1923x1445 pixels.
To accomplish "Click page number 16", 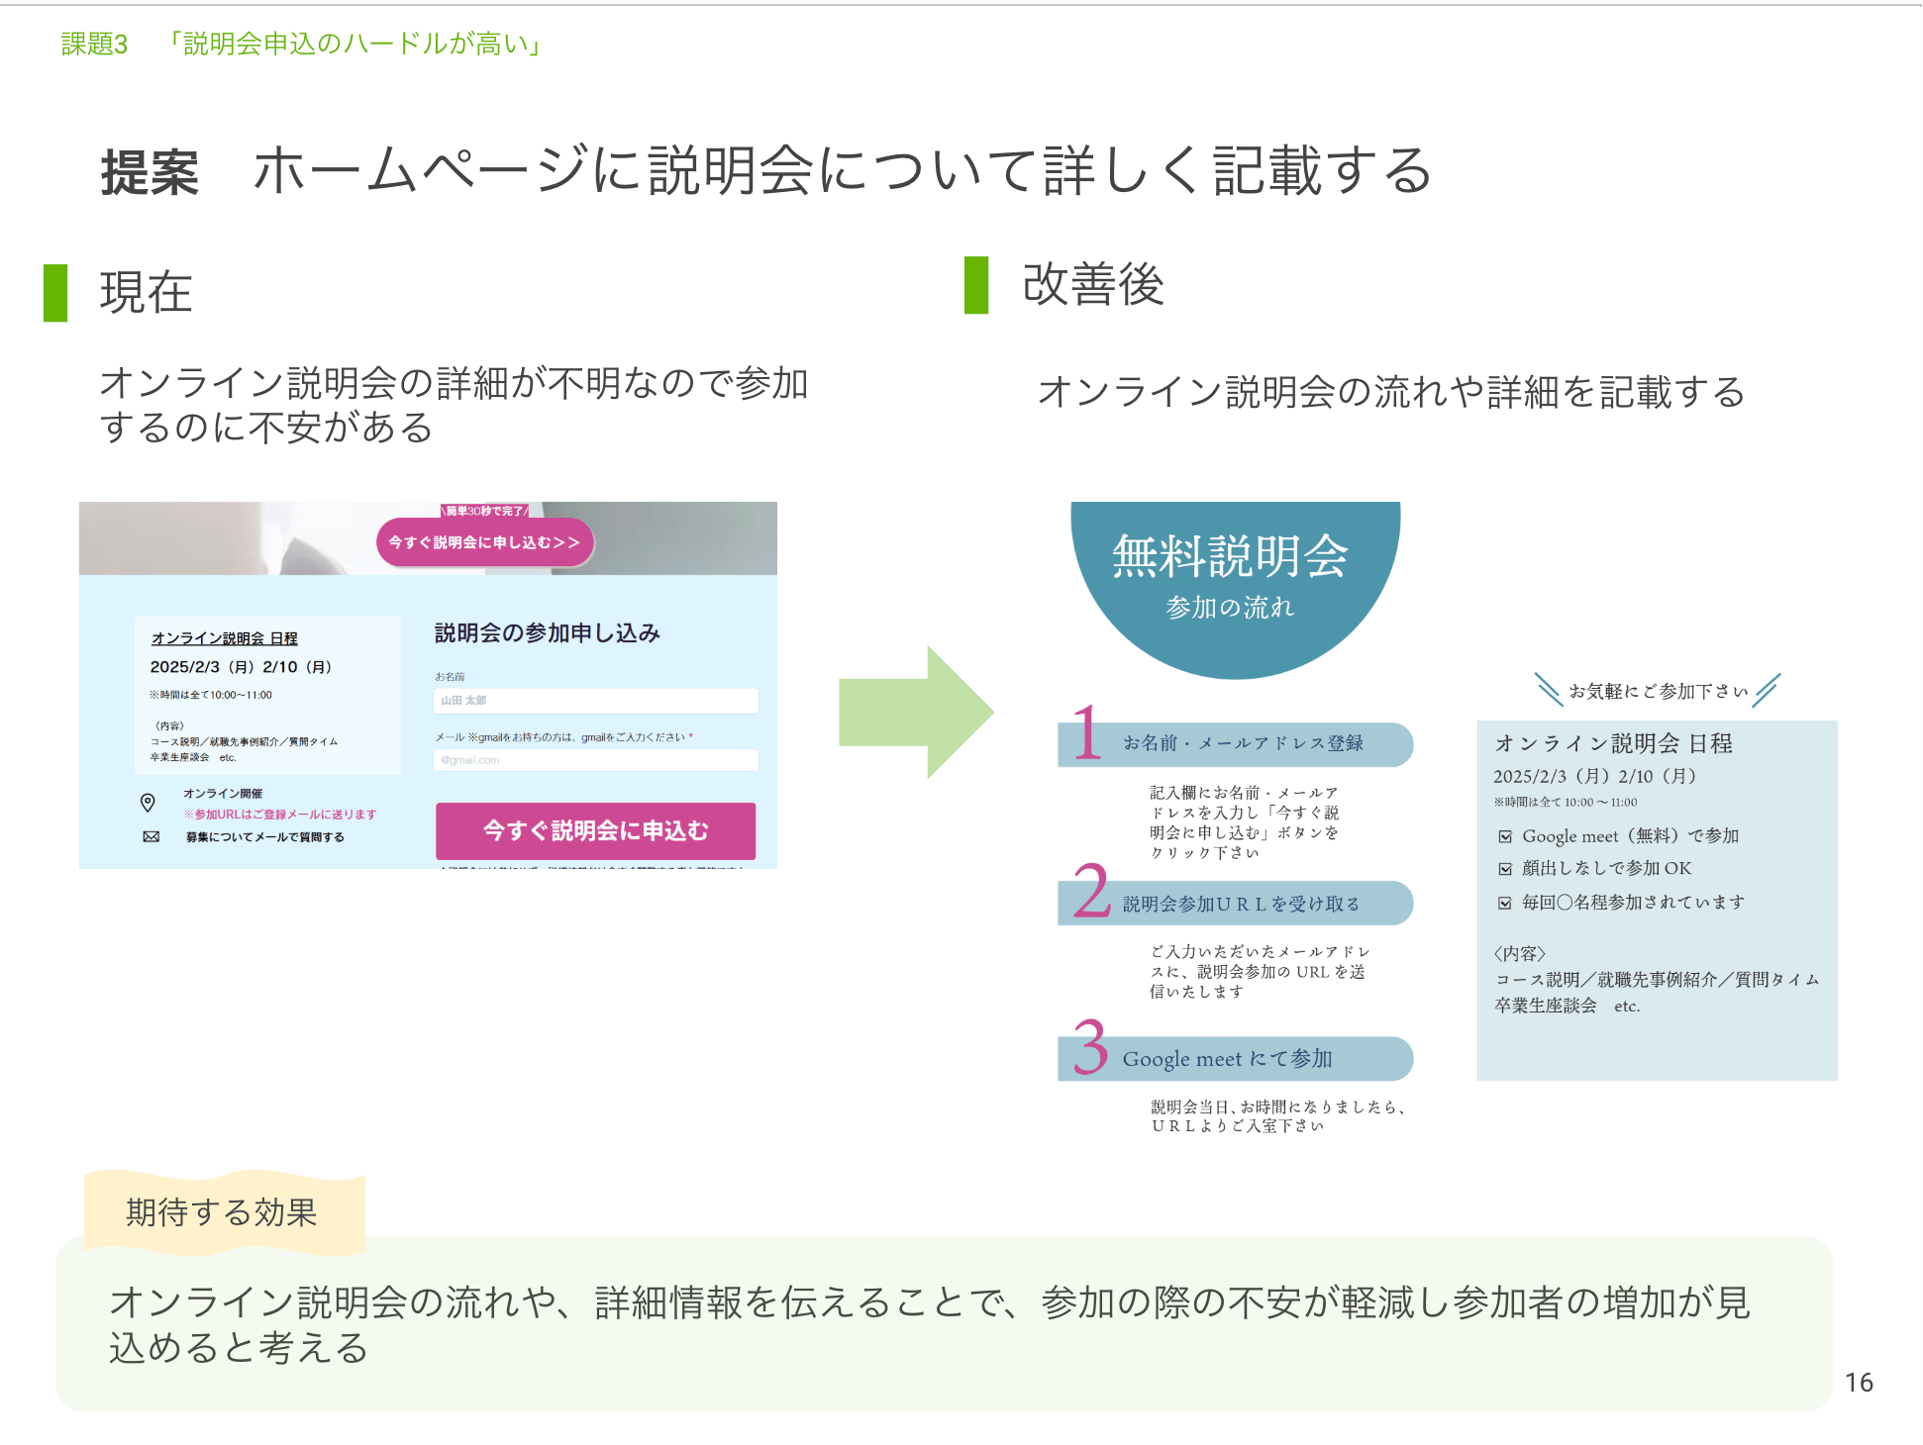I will [x=1858, y=1383].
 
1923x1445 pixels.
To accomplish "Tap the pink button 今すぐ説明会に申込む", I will [x=595, y=830].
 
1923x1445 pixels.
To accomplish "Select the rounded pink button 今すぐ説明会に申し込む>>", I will [x=484, y=542].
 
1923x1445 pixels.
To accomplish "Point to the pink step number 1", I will [x=1086, y=733].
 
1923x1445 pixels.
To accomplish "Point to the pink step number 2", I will [x=1090, y=891].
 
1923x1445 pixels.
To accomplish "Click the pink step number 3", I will [x=1089, y=1047].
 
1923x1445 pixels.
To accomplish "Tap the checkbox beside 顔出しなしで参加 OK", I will [x=1505, y=869].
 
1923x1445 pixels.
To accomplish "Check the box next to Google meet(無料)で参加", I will [x=1505, y=836].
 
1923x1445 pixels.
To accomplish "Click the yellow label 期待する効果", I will [x=223, y=1212].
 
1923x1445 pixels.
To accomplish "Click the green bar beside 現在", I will [x=55, y=293].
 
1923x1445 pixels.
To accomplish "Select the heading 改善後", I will [x=1092, y=285].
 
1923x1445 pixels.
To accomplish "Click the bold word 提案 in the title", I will [x=150, y=173].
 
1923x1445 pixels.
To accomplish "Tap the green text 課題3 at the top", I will [x=94, y=45].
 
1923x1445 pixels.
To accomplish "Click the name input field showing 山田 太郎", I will [x=595, y=701].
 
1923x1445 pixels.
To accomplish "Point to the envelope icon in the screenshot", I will [x=151, y=836].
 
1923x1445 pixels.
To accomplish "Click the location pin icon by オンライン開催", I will [x=148, y=802].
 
